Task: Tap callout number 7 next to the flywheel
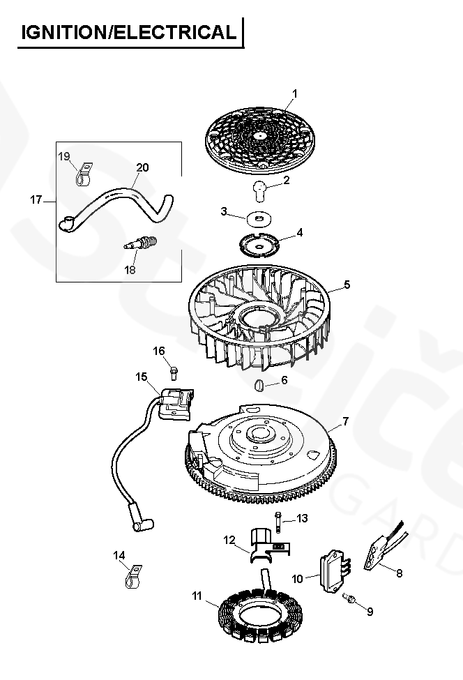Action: (346, 423)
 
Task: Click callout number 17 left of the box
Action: (37, 200)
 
